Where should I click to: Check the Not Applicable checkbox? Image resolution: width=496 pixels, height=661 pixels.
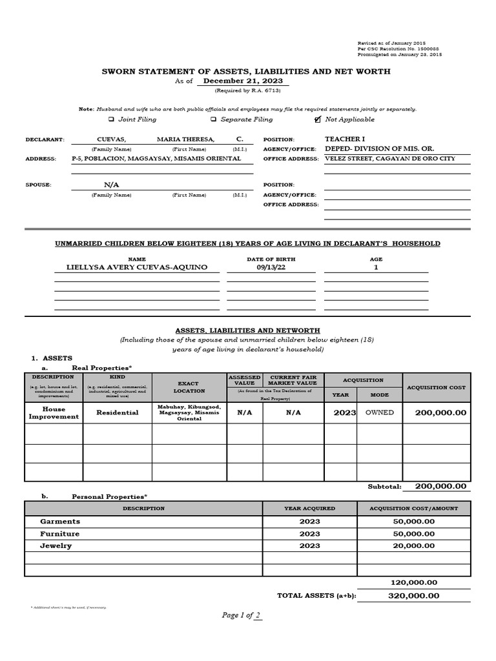tap(317, 119)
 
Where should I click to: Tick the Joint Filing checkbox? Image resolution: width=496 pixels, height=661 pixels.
tap(111, 119)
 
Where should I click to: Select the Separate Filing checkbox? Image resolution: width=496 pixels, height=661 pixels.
tap(212, 119)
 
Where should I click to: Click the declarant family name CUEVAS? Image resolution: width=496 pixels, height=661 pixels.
tap(111, 139)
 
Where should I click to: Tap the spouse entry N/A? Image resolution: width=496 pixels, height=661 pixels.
tap(112, 185)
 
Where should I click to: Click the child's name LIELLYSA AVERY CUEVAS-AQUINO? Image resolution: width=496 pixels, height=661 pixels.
tap(137, 267)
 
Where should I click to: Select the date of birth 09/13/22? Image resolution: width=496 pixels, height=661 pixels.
tap(270, 267)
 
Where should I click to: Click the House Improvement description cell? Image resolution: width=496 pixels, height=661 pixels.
tap(54, 412)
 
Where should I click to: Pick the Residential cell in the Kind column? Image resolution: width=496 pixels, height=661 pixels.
tap(117, 412)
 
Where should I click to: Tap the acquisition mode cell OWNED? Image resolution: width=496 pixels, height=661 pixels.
tap(379, 412)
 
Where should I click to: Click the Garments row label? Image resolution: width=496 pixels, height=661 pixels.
tap(60, 521)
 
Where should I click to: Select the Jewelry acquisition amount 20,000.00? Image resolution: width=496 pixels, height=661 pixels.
tap(413, 545)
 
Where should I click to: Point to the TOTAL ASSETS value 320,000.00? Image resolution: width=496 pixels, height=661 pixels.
tap(413, 596)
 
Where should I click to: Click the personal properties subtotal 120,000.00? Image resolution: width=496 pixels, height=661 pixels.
tap(413, 582)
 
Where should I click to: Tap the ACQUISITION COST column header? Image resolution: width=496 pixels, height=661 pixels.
tap(436, 387)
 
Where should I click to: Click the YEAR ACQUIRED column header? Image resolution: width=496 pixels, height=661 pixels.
tap(309, 509)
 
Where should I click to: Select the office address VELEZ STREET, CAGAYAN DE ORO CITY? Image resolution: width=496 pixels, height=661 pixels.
tap(389, 159)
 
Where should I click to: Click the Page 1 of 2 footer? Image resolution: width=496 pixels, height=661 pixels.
tap(242, 615)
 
